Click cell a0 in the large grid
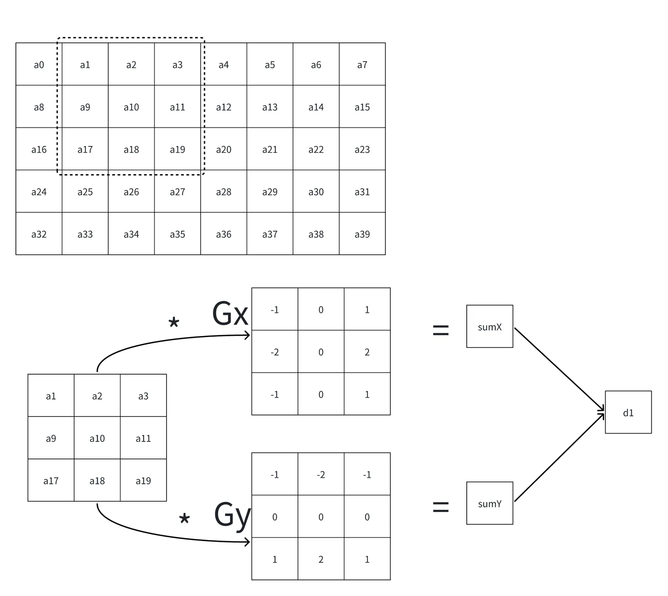tap(39, 64)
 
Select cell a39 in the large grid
tap(362, 234)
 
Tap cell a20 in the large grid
tap(224, 149)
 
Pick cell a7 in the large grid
tap(362, 64)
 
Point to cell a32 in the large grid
tap(39, 234)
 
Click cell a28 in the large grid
tap(224, 191)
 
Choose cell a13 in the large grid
tap(270, 107)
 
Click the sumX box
tap(490, 326)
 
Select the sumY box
tap(490, 503)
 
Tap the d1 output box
tap(628, 412)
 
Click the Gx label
tap(230, 314)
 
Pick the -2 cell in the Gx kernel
tap(275, 352)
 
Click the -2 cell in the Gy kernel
tap(321, 474)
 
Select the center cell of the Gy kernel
tap(321, 517)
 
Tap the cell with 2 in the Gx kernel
tap(367, 352)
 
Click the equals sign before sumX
tap(440, 330)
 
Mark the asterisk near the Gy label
tap(184, 519)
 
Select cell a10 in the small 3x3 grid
tap(97, 438)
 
